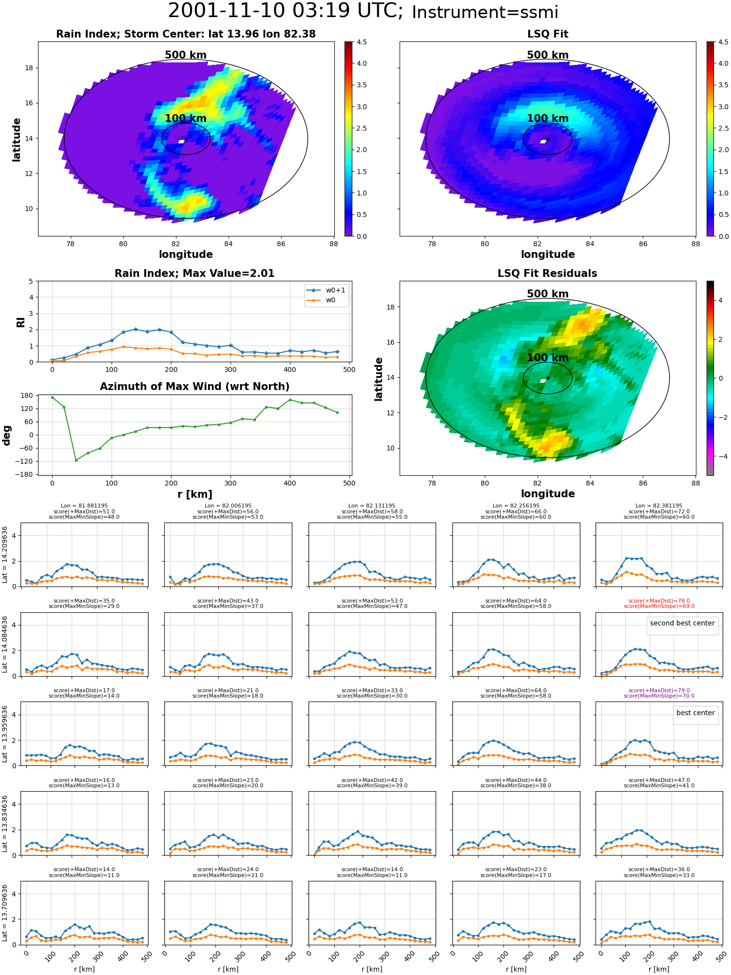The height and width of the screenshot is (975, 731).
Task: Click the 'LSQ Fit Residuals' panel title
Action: click(x=547, y=273)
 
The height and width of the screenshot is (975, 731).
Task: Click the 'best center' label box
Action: click(x=695, y=713)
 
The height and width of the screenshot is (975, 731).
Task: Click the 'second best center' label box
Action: click(x=682, y=623)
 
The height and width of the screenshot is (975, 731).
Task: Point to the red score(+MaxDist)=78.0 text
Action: click(x=659, y=601)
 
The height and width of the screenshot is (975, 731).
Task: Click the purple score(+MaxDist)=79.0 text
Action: click(x=659, y=690)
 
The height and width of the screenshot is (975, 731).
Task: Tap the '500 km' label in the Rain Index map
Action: click(x=186, y=55)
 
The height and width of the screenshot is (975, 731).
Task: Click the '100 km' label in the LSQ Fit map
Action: click(x=547, y=118)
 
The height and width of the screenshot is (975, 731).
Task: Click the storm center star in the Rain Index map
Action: click(x=186, y=139)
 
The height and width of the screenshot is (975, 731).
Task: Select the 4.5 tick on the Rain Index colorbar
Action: click(x=361, y=42)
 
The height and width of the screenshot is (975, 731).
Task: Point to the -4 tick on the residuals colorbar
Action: click(x=720, y=456)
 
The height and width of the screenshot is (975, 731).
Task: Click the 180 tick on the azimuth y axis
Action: click(x=28, y=395)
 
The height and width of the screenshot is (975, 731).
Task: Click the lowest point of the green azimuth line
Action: click(x=76, y=460)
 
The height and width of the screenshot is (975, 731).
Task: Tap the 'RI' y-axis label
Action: click(x=20, y=322)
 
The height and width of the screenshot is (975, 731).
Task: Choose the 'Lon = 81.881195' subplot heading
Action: click(x=84, y=506)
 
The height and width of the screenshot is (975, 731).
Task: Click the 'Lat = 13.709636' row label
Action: click(x=5, y=913)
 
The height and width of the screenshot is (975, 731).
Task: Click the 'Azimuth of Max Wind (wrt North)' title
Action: click(x=194, y=387)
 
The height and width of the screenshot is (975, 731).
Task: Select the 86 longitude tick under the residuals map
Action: click(x=643, y=483)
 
